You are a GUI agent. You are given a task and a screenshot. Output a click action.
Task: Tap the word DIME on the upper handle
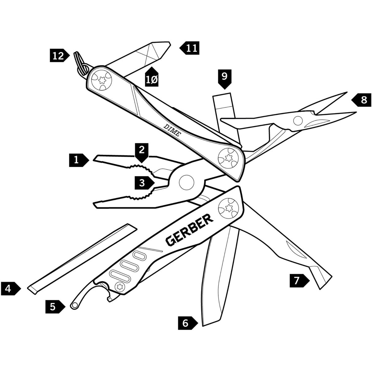click(x=172, y=129)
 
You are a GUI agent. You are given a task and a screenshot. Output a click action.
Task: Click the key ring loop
click(x=80, y=63)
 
